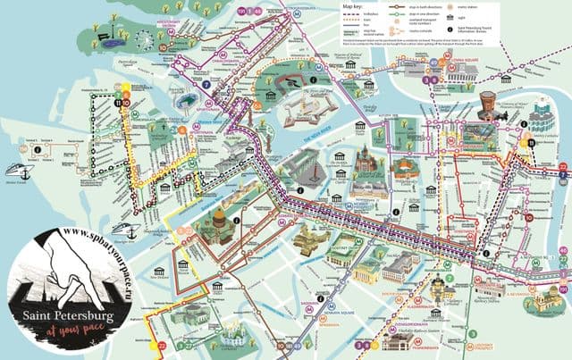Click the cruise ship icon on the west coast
pyautogui.click(x=19, y=172)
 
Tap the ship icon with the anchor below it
pyautogui.click(x=129, y=231)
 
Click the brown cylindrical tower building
pyautogui.click(x=488, y=103)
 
